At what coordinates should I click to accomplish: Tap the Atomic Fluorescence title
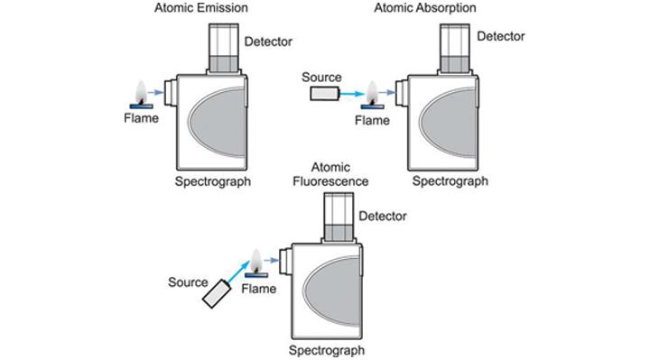click(339, 174)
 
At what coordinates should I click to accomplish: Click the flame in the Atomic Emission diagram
click(142, 92)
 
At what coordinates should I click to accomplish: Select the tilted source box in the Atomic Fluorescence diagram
click(216, 294)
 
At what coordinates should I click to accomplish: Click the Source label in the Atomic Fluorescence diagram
click(188, 282)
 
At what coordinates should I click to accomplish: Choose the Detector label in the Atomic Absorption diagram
click(500, 37)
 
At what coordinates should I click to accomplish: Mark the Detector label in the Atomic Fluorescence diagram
click(383, 216)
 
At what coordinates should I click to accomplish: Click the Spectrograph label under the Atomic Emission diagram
click(213, 181)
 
